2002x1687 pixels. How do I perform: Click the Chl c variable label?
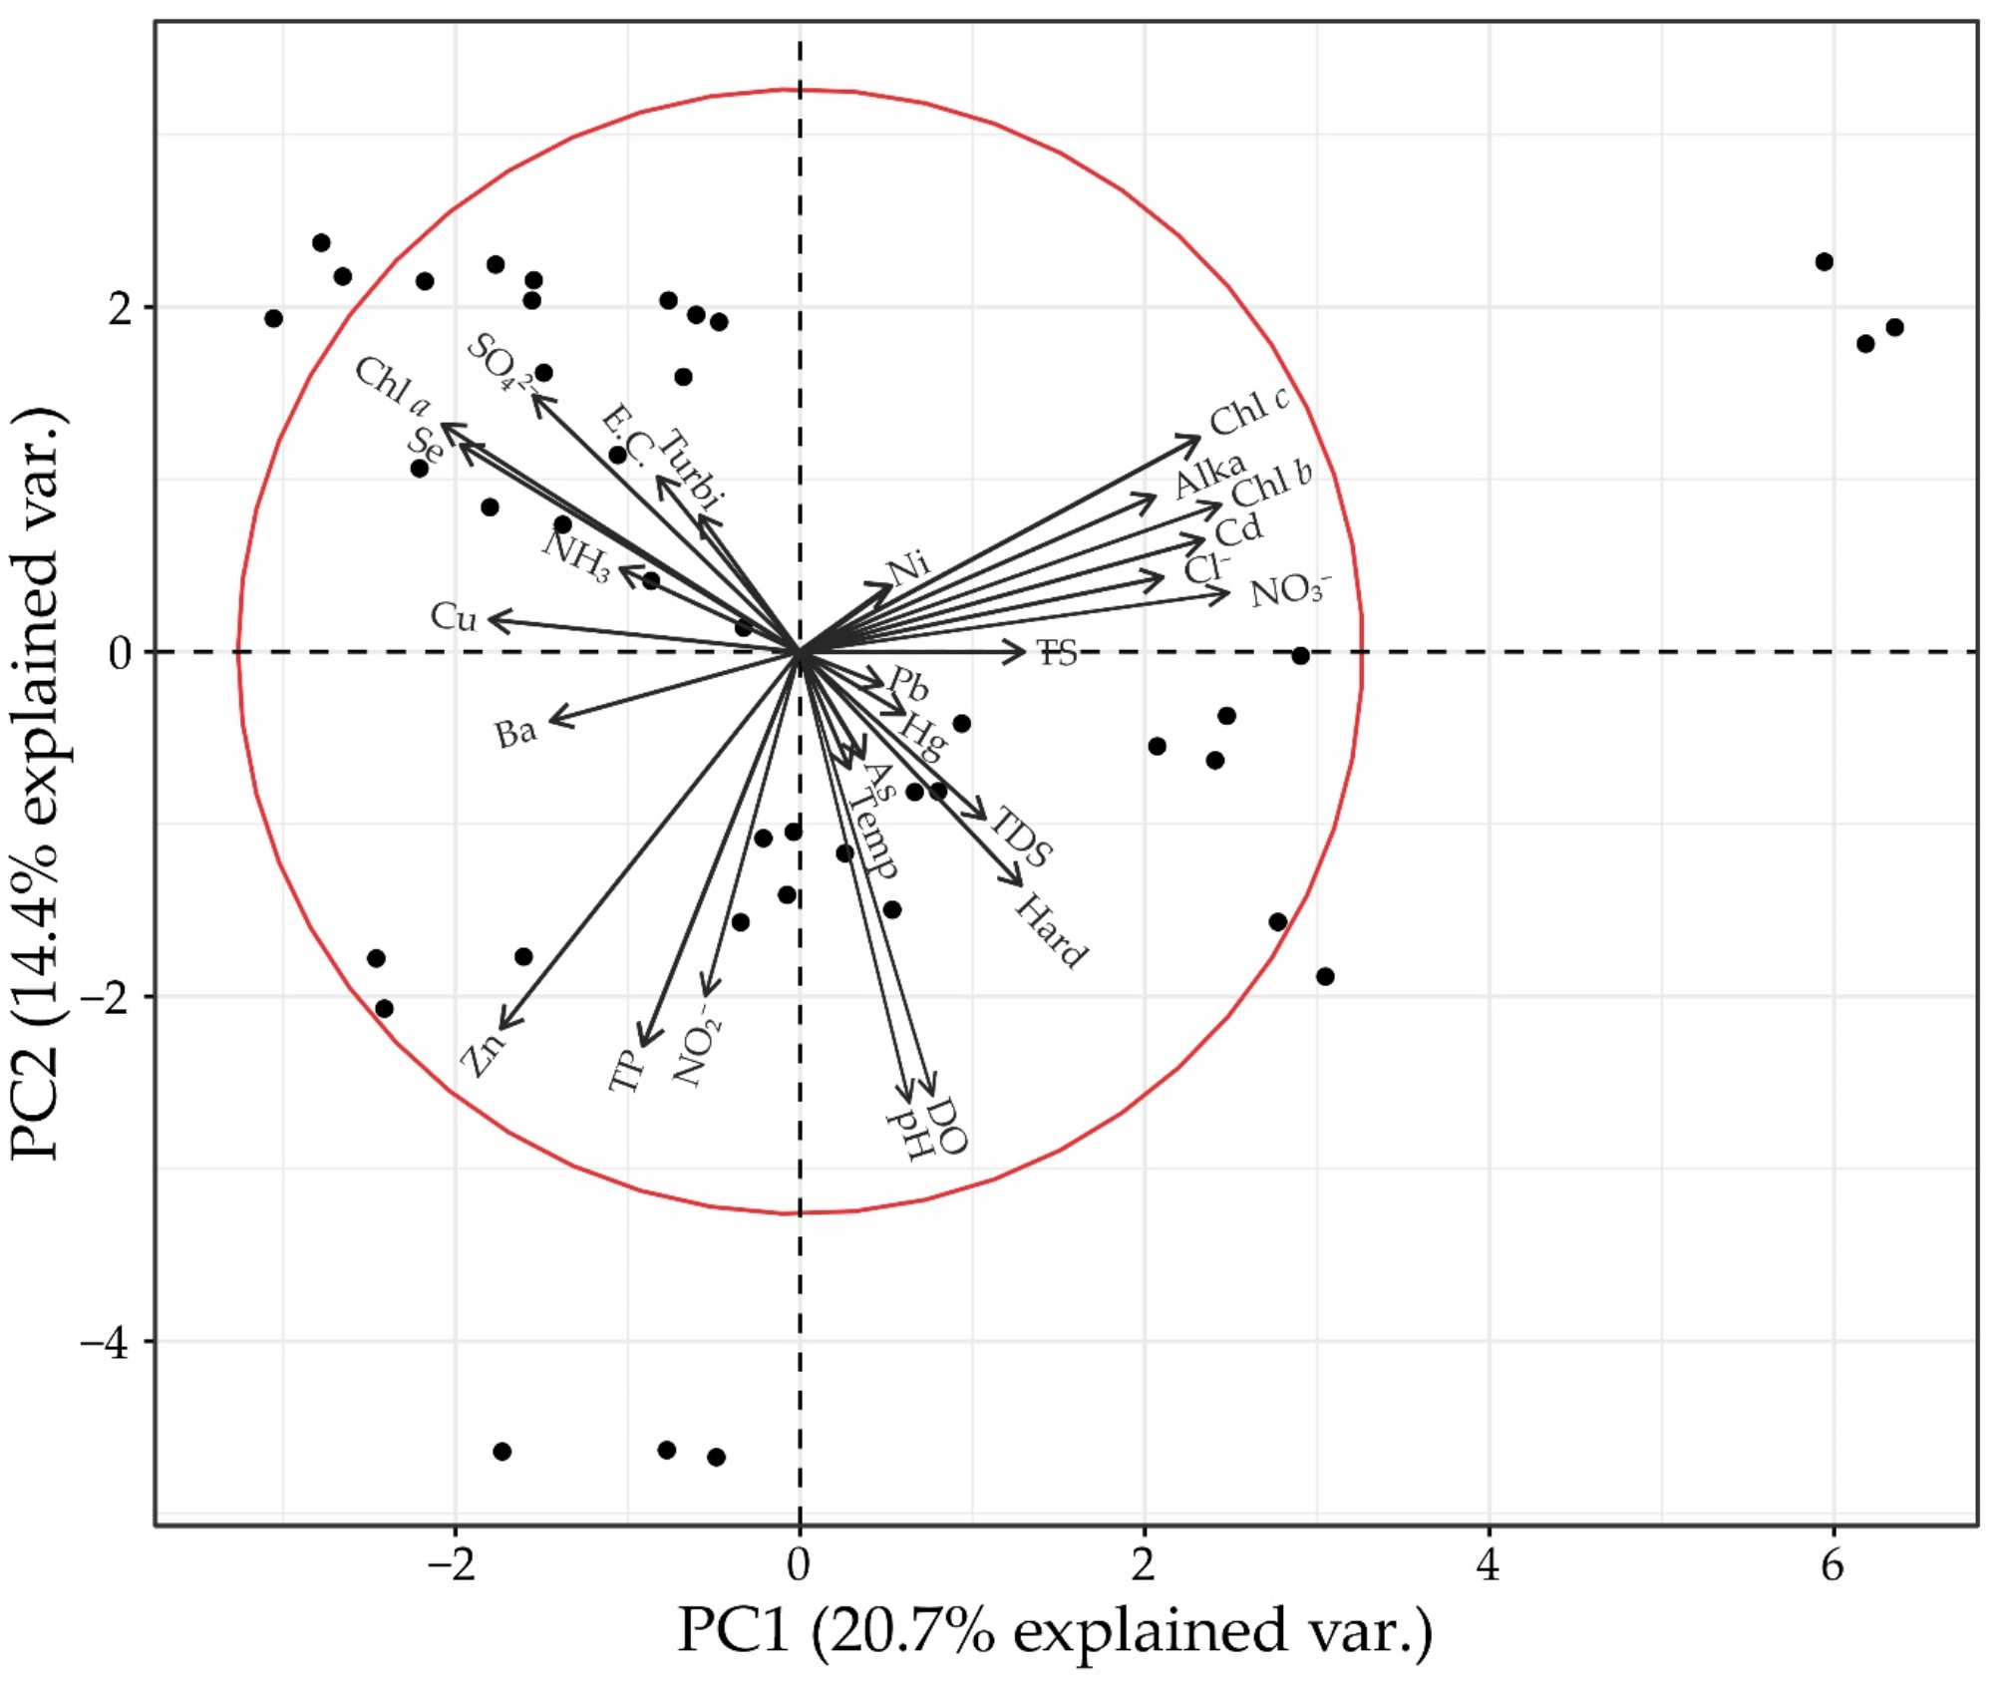point(1248,410)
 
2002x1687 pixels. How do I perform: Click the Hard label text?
point(1050,931)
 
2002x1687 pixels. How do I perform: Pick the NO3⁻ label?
point(1289,590)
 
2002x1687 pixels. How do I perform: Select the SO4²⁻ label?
point(500,363)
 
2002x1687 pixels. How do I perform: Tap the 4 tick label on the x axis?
point(1488,1566)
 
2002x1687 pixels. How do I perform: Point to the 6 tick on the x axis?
point(1833,1566)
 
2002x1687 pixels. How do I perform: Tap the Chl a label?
point(393,386)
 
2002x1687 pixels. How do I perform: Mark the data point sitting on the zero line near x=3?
point(1300,655)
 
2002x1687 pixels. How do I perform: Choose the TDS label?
point(1021,838)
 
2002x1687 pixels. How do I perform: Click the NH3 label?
point(576,556)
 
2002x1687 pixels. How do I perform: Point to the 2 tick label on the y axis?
point(121,309)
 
